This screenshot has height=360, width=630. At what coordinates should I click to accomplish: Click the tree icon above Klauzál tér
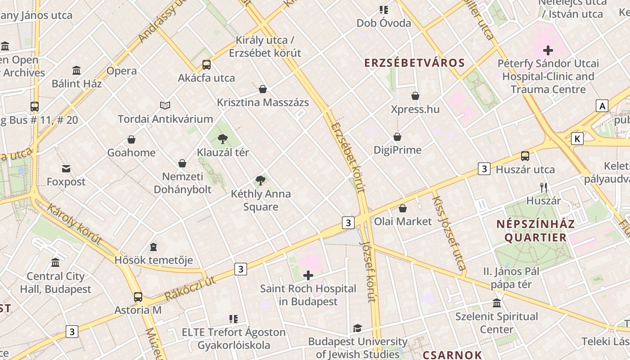point(222,139)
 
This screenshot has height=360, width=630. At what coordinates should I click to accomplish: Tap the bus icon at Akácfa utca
point(207,64)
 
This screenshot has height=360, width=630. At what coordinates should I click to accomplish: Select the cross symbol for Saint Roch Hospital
point(308,275)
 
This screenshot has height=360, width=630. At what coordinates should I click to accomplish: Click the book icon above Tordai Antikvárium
point(165,106)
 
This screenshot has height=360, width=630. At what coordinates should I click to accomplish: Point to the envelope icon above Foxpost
point(66,169)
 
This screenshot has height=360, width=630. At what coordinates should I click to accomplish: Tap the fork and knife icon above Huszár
point(544,187)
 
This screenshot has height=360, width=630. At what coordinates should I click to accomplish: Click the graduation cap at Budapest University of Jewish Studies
point(357,328)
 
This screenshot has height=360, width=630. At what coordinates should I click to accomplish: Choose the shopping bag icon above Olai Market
point(403,208)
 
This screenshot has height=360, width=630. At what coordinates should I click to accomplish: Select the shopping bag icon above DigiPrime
point(397,137)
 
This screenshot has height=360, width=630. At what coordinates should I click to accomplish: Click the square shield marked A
point(602,106)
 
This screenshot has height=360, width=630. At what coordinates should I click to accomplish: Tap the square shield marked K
point(577,138)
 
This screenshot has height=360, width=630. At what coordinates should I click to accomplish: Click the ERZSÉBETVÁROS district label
point(414,63)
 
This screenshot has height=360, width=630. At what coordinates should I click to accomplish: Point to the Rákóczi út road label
point(190,288)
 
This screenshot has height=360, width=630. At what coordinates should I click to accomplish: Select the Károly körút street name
point(74,224)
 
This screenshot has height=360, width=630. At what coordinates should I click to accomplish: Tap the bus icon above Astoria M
point(138,297)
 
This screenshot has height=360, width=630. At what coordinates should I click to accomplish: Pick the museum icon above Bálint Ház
point(76,71)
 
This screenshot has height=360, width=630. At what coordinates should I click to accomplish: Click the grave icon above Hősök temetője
point(153,247)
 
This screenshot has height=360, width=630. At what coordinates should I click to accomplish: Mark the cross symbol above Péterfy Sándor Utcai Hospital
point(548,50)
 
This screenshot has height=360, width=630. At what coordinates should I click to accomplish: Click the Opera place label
point(121,71)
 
